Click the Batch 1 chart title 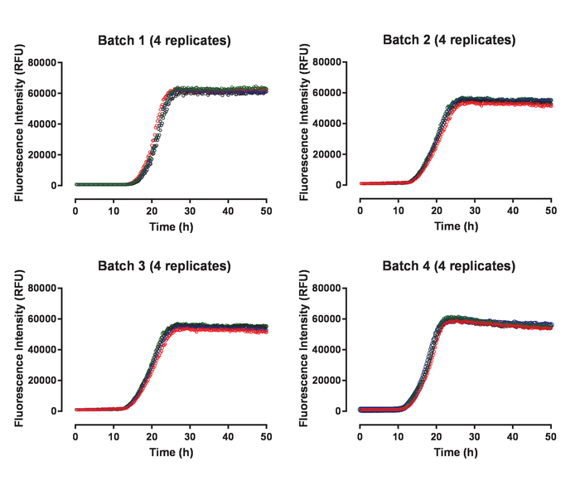point(164,41)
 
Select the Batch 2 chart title point(448,40)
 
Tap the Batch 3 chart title point(164,266)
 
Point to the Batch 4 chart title point(448,266)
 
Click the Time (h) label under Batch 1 point(170,215)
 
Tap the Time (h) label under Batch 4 point(455,440)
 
